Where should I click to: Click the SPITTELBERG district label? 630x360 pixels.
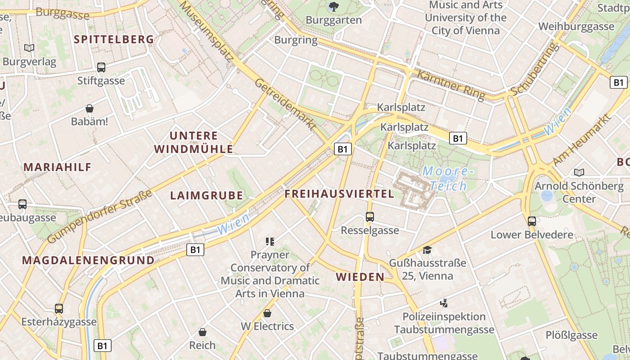114,40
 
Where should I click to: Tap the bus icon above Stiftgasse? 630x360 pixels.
101,67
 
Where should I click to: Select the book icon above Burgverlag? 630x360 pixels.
29,48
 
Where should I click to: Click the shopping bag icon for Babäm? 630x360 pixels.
90,108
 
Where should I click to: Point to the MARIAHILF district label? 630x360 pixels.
58,167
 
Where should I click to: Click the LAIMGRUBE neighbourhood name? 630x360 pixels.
207,196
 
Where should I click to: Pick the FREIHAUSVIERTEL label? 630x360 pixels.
339,194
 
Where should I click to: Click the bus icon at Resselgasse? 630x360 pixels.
370,217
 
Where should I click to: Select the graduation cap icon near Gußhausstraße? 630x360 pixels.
427,249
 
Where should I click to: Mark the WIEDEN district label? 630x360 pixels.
360,277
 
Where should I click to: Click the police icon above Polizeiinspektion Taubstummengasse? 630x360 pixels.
444,303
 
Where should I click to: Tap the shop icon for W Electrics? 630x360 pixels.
267,313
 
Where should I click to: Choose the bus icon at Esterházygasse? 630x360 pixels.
59,309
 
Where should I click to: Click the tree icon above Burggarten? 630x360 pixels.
333,6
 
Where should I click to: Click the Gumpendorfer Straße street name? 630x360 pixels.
99,216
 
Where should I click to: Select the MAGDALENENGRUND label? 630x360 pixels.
88,261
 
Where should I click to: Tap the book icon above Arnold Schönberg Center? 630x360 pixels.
579,172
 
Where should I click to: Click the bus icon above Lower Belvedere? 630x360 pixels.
532,221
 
